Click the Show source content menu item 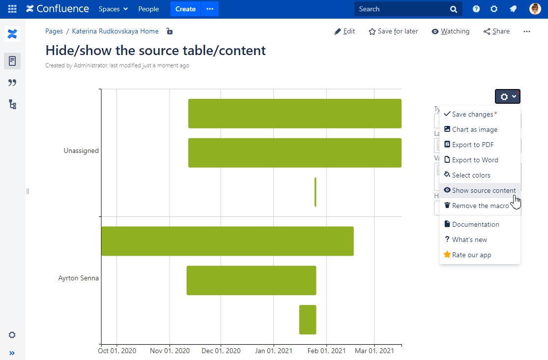[x=480, y=190]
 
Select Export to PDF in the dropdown [x=472, y=145]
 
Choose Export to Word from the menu [x=475, y=160]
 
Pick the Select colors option [x=471, y=175]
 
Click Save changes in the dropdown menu [x=472, y=114]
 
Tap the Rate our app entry [x=471, y=255]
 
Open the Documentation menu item [x=475, y=224]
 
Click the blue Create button [x=185, y=9]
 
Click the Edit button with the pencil [x=345, y=31]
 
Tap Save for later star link [x=393, y=31]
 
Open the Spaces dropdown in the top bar [x=113, y=9]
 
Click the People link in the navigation [x=148, y=9]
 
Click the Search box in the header [x=403, y=9]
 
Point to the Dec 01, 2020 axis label [x=221, y=351]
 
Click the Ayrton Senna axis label [x=79, y=278]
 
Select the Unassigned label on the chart [x=81, y=150]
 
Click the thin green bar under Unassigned [x=315, y=192]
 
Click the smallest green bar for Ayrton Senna [x=308, y=320]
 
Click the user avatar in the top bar [x=535, y=9]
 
